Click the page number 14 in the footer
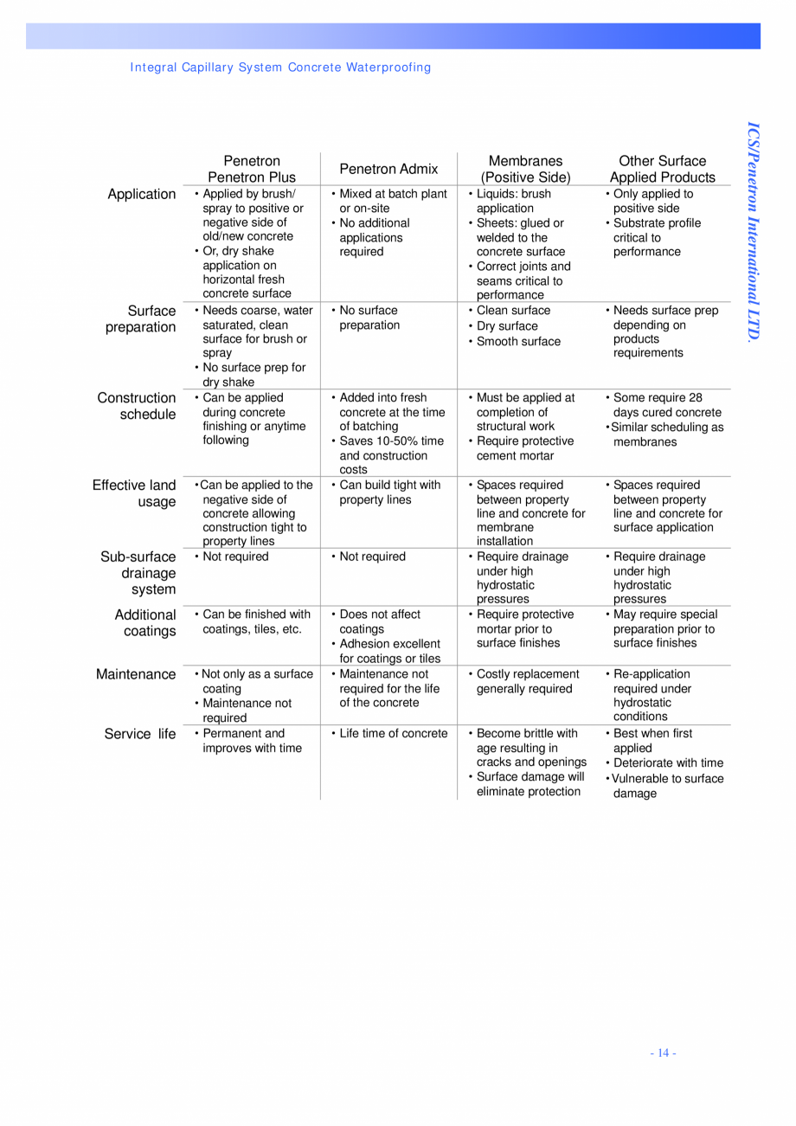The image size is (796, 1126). (663, 1052)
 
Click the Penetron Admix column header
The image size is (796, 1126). (388, 169)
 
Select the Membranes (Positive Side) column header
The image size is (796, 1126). (525, 169)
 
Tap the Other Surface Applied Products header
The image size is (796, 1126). (662, 169)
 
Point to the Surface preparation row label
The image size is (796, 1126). (141, 318)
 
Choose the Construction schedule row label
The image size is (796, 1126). (137, 406)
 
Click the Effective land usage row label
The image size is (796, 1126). (134, 493)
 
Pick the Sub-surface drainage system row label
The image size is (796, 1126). (138, 573)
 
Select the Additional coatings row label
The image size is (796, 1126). (145, 623)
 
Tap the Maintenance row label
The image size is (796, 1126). (136, 674)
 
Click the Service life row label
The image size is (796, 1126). (140, 734)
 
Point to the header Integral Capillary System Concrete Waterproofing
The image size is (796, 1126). (280, 68)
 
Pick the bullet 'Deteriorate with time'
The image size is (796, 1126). (668, 762)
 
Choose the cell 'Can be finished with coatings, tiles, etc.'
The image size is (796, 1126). (255, 621)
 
